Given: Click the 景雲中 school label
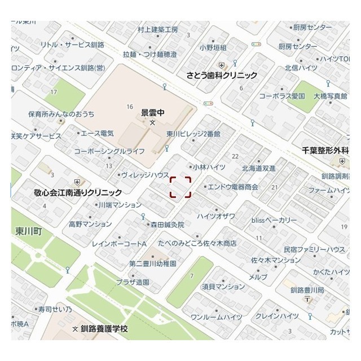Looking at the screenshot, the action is point(152,113).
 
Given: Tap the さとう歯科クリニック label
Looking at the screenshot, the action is point(222,75).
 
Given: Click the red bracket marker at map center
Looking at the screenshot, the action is point(180,187).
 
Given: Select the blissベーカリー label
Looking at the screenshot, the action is point(274,219).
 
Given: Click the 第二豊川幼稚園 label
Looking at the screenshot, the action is point(153,263).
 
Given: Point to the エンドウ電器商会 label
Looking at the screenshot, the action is point(233,186).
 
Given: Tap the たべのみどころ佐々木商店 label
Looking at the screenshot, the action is point(197,243).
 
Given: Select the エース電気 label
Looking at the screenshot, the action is point(97,133).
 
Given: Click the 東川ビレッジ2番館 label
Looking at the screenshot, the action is point(193,134).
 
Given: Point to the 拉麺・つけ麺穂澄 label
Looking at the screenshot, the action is point(149,54).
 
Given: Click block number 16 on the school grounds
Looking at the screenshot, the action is point(130,107).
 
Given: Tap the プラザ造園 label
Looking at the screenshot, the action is point(133,281).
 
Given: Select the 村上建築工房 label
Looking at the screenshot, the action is point(158,29).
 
